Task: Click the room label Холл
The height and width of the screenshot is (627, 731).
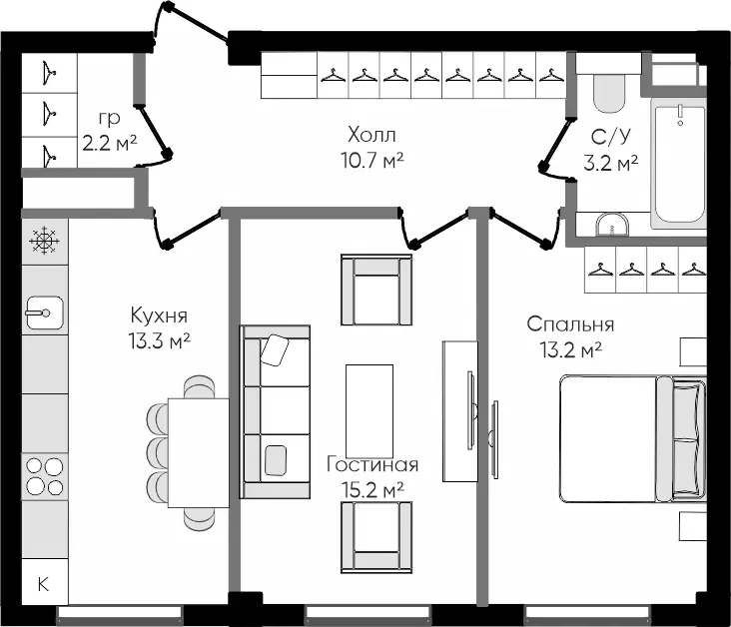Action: click(x=371, y=135)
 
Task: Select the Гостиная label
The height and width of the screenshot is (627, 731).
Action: click(x=372, y=465)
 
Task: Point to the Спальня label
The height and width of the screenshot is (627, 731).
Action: click(x=570, y=324)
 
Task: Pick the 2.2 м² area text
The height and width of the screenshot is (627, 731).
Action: click(x=110, y=142)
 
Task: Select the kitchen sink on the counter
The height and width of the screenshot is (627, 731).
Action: click(x=44, y=313)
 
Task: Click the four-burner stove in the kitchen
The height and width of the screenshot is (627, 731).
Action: click(x=44, y=475)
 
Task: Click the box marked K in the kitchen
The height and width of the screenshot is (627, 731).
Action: click(x=44, y=584)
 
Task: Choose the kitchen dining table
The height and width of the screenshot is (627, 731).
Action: click(x=198, y=451)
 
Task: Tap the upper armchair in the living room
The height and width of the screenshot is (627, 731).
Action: click(x=375, y=289)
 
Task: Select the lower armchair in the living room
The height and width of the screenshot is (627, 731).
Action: click(x=375, y=534)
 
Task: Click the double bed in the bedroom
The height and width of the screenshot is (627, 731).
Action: click(x=631, y=438)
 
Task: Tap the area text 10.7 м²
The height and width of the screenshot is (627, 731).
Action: click(x=371, y=158)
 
